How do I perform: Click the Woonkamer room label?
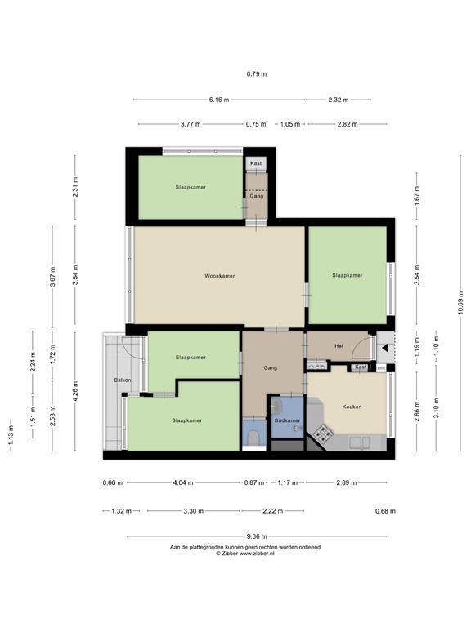[x=220, y=276]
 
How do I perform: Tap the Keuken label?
[x=352, y=406]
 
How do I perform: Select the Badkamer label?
[x=286, y=420]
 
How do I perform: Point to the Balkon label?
[x=123, y=381]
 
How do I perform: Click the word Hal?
[x=339, y=346]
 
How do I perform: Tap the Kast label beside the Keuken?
[x=361, y=367]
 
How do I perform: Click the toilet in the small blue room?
[x=253, y=438]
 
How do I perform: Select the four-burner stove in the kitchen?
[x=321, y=433]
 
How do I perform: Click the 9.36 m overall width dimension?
[x=258, y=536]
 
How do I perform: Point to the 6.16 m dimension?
[x=219, y=100]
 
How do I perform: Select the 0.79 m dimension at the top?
[x=257, y=74]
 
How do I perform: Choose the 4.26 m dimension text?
[x=75, y=391]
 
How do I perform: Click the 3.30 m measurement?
[x=194, y=511]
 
